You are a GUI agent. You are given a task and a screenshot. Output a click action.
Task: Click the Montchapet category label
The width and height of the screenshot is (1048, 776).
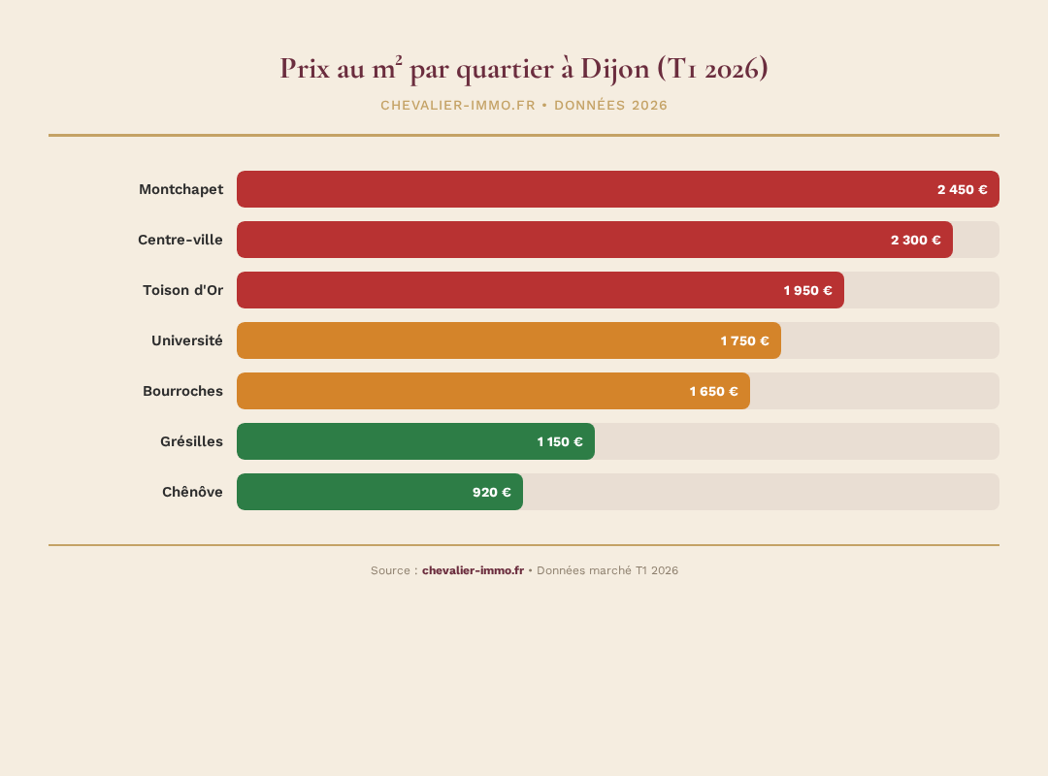click(180, 189)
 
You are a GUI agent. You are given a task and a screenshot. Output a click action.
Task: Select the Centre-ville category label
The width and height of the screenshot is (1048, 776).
click(180, 240)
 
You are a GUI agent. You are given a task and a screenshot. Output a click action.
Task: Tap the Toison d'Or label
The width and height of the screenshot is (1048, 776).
click(182, 290)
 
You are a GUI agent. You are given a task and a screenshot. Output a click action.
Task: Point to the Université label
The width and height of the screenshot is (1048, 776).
click(187, 340)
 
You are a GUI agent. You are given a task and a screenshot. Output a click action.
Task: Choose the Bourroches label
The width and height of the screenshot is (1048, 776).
click(182, 391)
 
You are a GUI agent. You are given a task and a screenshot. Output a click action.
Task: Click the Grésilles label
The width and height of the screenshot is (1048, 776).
click(191, 441)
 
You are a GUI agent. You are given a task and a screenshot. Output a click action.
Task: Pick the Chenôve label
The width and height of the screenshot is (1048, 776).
click(192, 492)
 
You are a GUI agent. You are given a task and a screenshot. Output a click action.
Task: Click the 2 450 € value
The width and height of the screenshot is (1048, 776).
click(962, 189)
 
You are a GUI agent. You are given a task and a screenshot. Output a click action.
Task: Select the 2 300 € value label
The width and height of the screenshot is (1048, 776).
click(915, 240)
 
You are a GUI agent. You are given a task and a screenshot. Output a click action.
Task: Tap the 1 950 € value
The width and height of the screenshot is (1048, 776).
click(807, 290)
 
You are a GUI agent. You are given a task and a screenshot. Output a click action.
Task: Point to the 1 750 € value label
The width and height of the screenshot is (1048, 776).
click(744, 340)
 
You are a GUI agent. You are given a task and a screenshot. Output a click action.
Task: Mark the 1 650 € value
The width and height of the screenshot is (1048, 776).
click(713, 391)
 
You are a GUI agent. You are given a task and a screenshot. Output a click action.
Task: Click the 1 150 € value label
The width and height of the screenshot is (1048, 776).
click(560, 441)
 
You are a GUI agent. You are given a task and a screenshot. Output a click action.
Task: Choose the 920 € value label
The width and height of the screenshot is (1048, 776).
click(491, 492)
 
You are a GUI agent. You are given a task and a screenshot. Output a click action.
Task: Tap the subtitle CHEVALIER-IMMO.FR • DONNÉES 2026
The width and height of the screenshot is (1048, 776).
click(524, 105)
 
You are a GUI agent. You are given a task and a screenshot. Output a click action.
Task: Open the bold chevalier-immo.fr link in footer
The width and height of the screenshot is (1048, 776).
click(473, 570)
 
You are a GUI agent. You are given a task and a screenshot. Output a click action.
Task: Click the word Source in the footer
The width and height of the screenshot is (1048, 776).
click(390, 570)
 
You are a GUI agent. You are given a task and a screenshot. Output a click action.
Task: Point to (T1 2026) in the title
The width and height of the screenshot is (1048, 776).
click(712, 69)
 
